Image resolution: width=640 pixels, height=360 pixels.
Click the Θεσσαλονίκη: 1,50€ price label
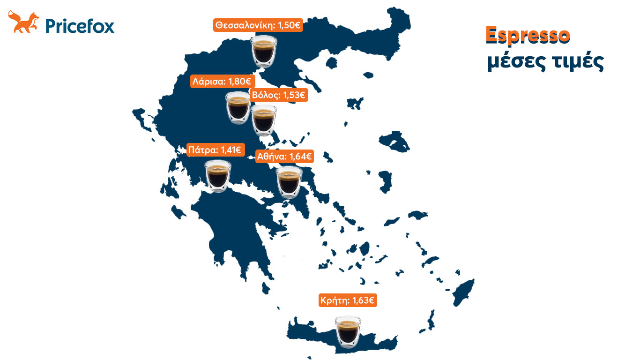(258, 25)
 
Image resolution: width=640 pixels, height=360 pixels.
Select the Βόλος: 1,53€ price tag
(278, 96)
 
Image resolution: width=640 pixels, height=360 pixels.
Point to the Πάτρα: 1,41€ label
(214, 150)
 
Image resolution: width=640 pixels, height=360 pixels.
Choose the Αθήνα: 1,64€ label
(284, 157)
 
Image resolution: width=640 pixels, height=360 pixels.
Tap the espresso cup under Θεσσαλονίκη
(263, 51)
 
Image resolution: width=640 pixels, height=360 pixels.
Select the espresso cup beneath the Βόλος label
(264, 120)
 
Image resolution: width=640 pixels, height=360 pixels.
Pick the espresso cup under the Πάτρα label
(218, 176)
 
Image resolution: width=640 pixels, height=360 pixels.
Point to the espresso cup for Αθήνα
(289, 182)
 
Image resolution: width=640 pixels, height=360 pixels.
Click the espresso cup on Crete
(348, 332)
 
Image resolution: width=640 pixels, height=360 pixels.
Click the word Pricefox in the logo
(80, 25)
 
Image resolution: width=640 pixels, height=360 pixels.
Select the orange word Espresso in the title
(528, 36)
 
